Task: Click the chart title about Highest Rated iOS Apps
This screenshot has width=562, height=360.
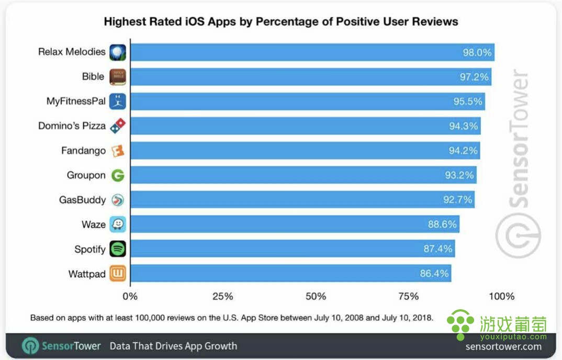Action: (281, 21)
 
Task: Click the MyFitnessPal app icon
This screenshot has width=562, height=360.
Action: (118, 101)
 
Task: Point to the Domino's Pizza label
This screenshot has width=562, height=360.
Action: (72, 126)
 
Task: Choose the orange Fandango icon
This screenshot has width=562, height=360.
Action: (118, 151)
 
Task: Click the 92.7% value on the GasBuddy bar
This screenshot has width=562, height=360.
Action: (458, 199)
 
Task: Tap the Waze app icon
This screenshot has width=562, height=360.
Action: (118, 224)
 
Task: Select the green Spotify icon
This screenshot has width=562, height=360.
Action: (118, 249)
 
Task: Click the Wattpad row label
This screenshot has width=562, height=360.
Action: (87, 274)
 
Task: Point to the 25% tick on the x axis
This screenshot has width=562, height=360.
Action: (223, 296)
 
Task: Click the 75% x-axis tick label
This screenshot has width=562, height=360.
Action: (408, 296)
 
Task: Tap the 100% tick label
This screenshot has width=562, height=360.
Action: (501, 296)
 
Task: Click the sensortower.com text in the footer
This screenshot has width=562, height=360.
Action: (503, 346)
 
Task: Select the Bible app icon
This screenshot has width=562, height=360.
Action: (118, 77)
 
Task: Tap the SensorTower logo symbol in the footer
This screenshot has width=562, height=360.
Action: (30, 346)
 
